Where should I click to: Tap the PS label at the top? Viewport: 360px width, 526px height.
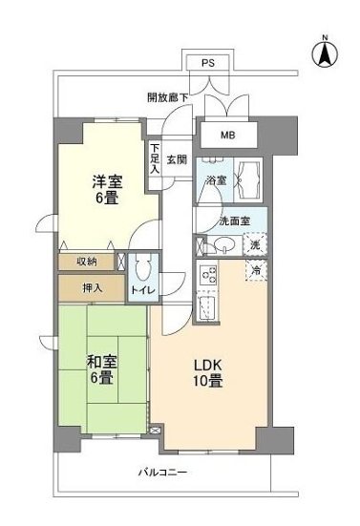tap(207, 63)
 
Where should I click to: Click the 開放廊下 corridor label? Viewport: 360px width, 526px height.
tap(168, 96)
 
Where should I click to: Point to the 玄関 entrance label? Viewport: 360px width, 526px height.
tap(177, 160)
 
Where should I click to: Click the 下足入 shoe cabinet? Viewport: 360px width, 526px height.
tap(155, 158)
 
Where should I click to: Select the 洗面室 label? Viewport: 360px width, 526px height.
tap(233, 221)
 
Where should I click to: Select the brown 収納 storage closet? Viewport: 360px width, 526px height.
tap(85, 260)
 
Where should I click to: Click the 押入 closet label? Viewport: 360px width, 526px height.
tap(85, 286)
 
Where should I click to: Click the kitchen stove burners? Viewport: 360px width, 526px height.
tap(207, 278)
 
